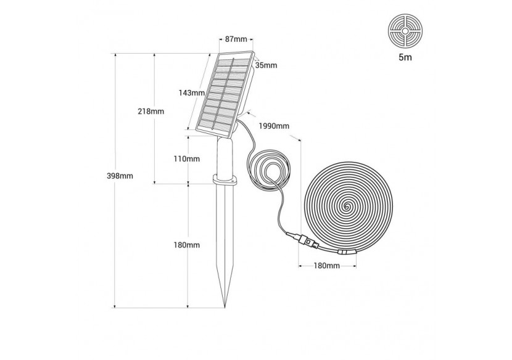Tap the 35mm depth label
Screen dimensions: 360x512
point(266,65)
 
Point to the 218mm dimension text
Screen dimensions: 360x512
point(151,112)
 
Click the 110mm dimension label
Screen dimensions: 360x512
point(186,159)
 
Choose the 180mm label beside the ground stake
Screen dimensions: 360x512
point(186,245)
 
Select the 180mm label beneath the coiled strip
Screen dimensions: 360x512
point(327,266)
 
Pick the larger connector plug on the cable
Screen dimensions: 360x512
point(302,240)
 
